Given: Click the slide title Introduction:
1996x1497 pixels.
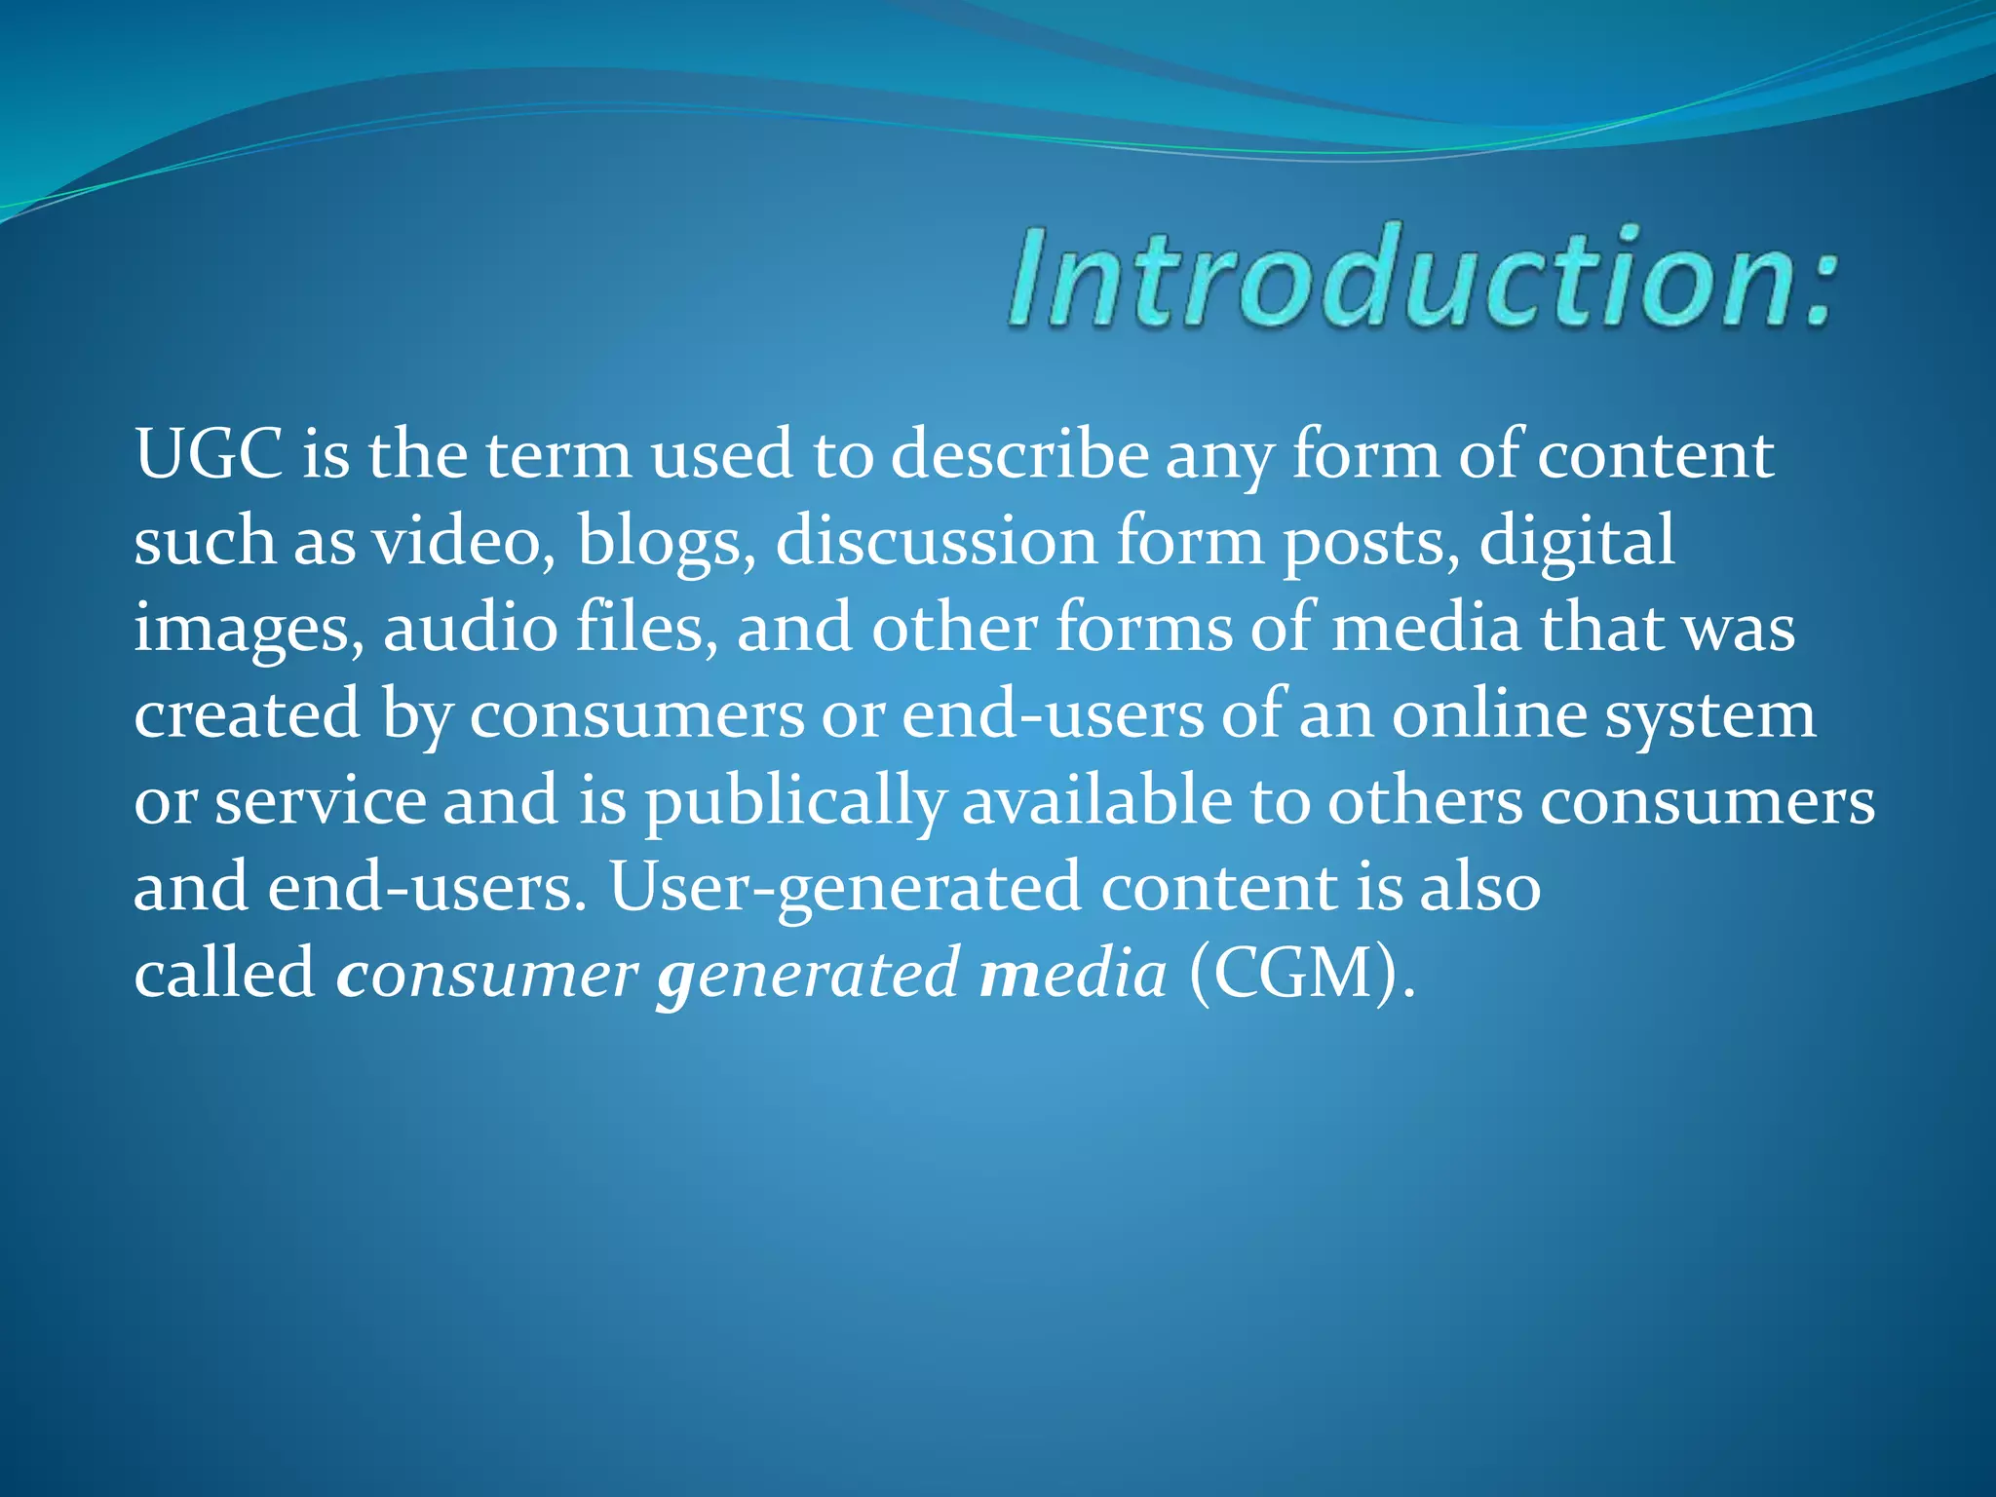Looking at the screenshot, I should click(1423, 278).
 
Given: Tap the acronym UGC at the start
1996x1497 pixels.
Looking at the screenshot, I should click(209, 454).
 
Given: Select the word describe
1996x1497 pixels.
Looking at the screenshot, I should click(1019, 454).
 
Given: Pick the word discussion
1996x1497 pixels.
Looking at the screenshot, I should click(936, 541).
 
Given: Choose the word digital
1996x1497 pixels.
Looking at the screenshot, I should click(1577, 541).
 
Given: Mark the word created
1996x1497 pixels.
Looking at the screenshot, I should click(248, 713).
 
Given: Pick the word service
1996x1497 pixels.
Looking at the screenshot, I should click(320, 801).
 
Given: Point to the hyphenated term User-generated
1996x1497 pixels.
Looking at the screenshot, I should click(845, 888).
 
